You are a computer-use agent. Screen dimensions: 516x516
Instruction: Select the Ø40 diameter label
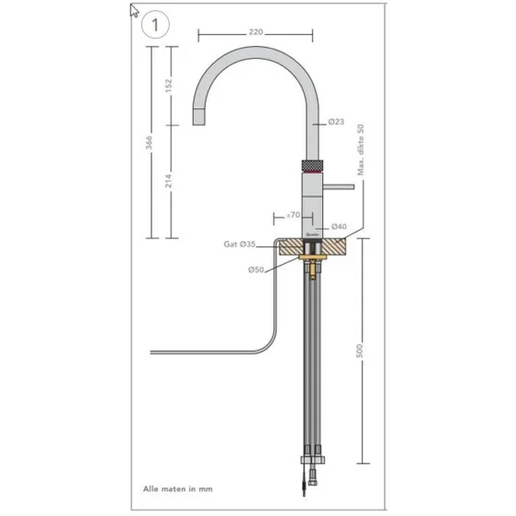coord(338,226)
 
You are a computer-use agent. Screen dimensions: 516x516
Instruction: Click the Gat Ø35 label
coord(238,245)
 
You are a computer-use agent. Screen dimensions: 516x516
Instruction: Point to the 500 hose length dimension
coord(360,353)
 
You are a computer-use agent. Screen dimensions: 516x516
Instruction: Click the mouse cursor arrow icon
coord(135,11)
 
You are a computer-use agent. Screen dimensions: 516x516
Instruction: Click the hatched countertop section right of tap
coord(342,247)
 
